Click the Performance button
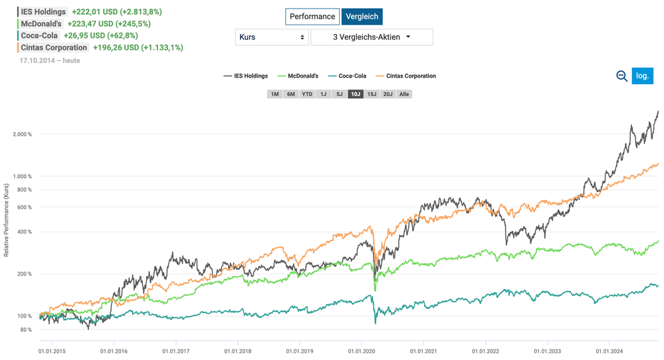pos(312,17)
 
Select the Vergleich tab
pos(362,17)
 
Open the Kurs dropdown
pos(271,37)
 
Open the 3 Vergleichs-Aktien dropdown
pos(372,37)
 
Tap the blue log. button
pos(643,76)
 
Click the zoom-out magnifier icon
pos(621,76)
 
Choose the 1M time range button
pos(275,94)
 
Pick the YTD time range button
pos(307,94)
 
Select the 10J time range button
pos(356,94)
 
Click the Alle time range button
pos(404,94)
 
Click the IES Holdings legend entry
pos(246,76)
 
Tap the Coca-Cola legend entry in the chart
pos(347,76)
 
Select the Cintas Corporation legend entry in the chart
pos(405,76)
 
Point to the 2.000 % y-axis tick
pos(23,134)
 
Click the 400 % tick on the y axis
pos(24,232)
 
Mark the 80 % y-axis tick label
pos(25,329)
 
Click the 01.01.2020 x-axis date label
pos(361,351)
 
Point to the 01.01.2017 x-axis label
pos(175,351)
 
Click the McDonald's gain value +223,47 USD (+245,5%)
pos(109,24)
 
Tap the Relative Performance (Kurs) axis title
pos(7,220)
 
